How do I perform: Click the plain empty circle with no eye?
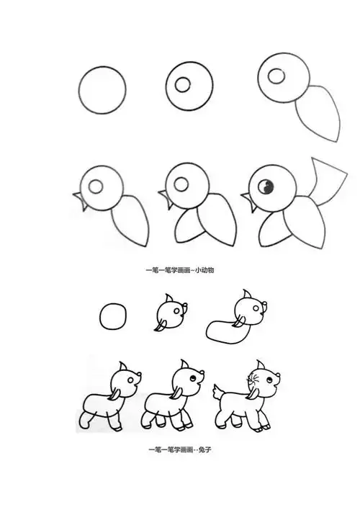pyautogui.click(x=102, y=91)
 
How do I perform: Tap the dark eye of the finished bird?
pyautogui.click(x=264, y=186)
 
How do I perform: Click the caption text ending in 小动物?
pyautogui.click(x=180, y=269)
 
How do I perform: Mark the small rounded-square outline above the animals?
pyautogui.click(x=114, y=317)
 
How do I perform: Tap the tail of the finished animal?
pyautogui.click(x=217, y=393)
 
